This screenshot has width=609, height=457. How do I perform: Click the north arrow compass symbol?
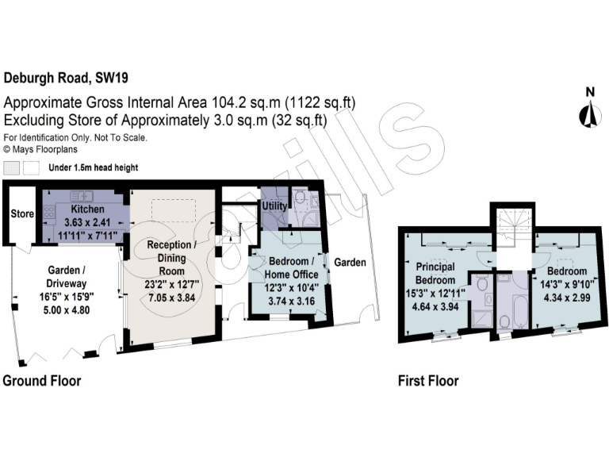pyautogui.click(x=588, y=111)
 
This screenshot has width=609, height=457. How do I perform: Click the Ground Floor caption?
pyautogui.click(x=42, y=381)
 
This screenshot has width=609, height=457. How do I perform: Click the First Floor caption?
pyautogui.click(x=428, y=381)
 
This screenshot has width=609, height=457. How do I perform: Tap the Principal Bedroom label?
pyautogui.click(x=436, y=274)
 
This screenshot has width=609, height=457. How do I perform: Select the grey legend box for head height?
pyautogui.click(x=12, y=168)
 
